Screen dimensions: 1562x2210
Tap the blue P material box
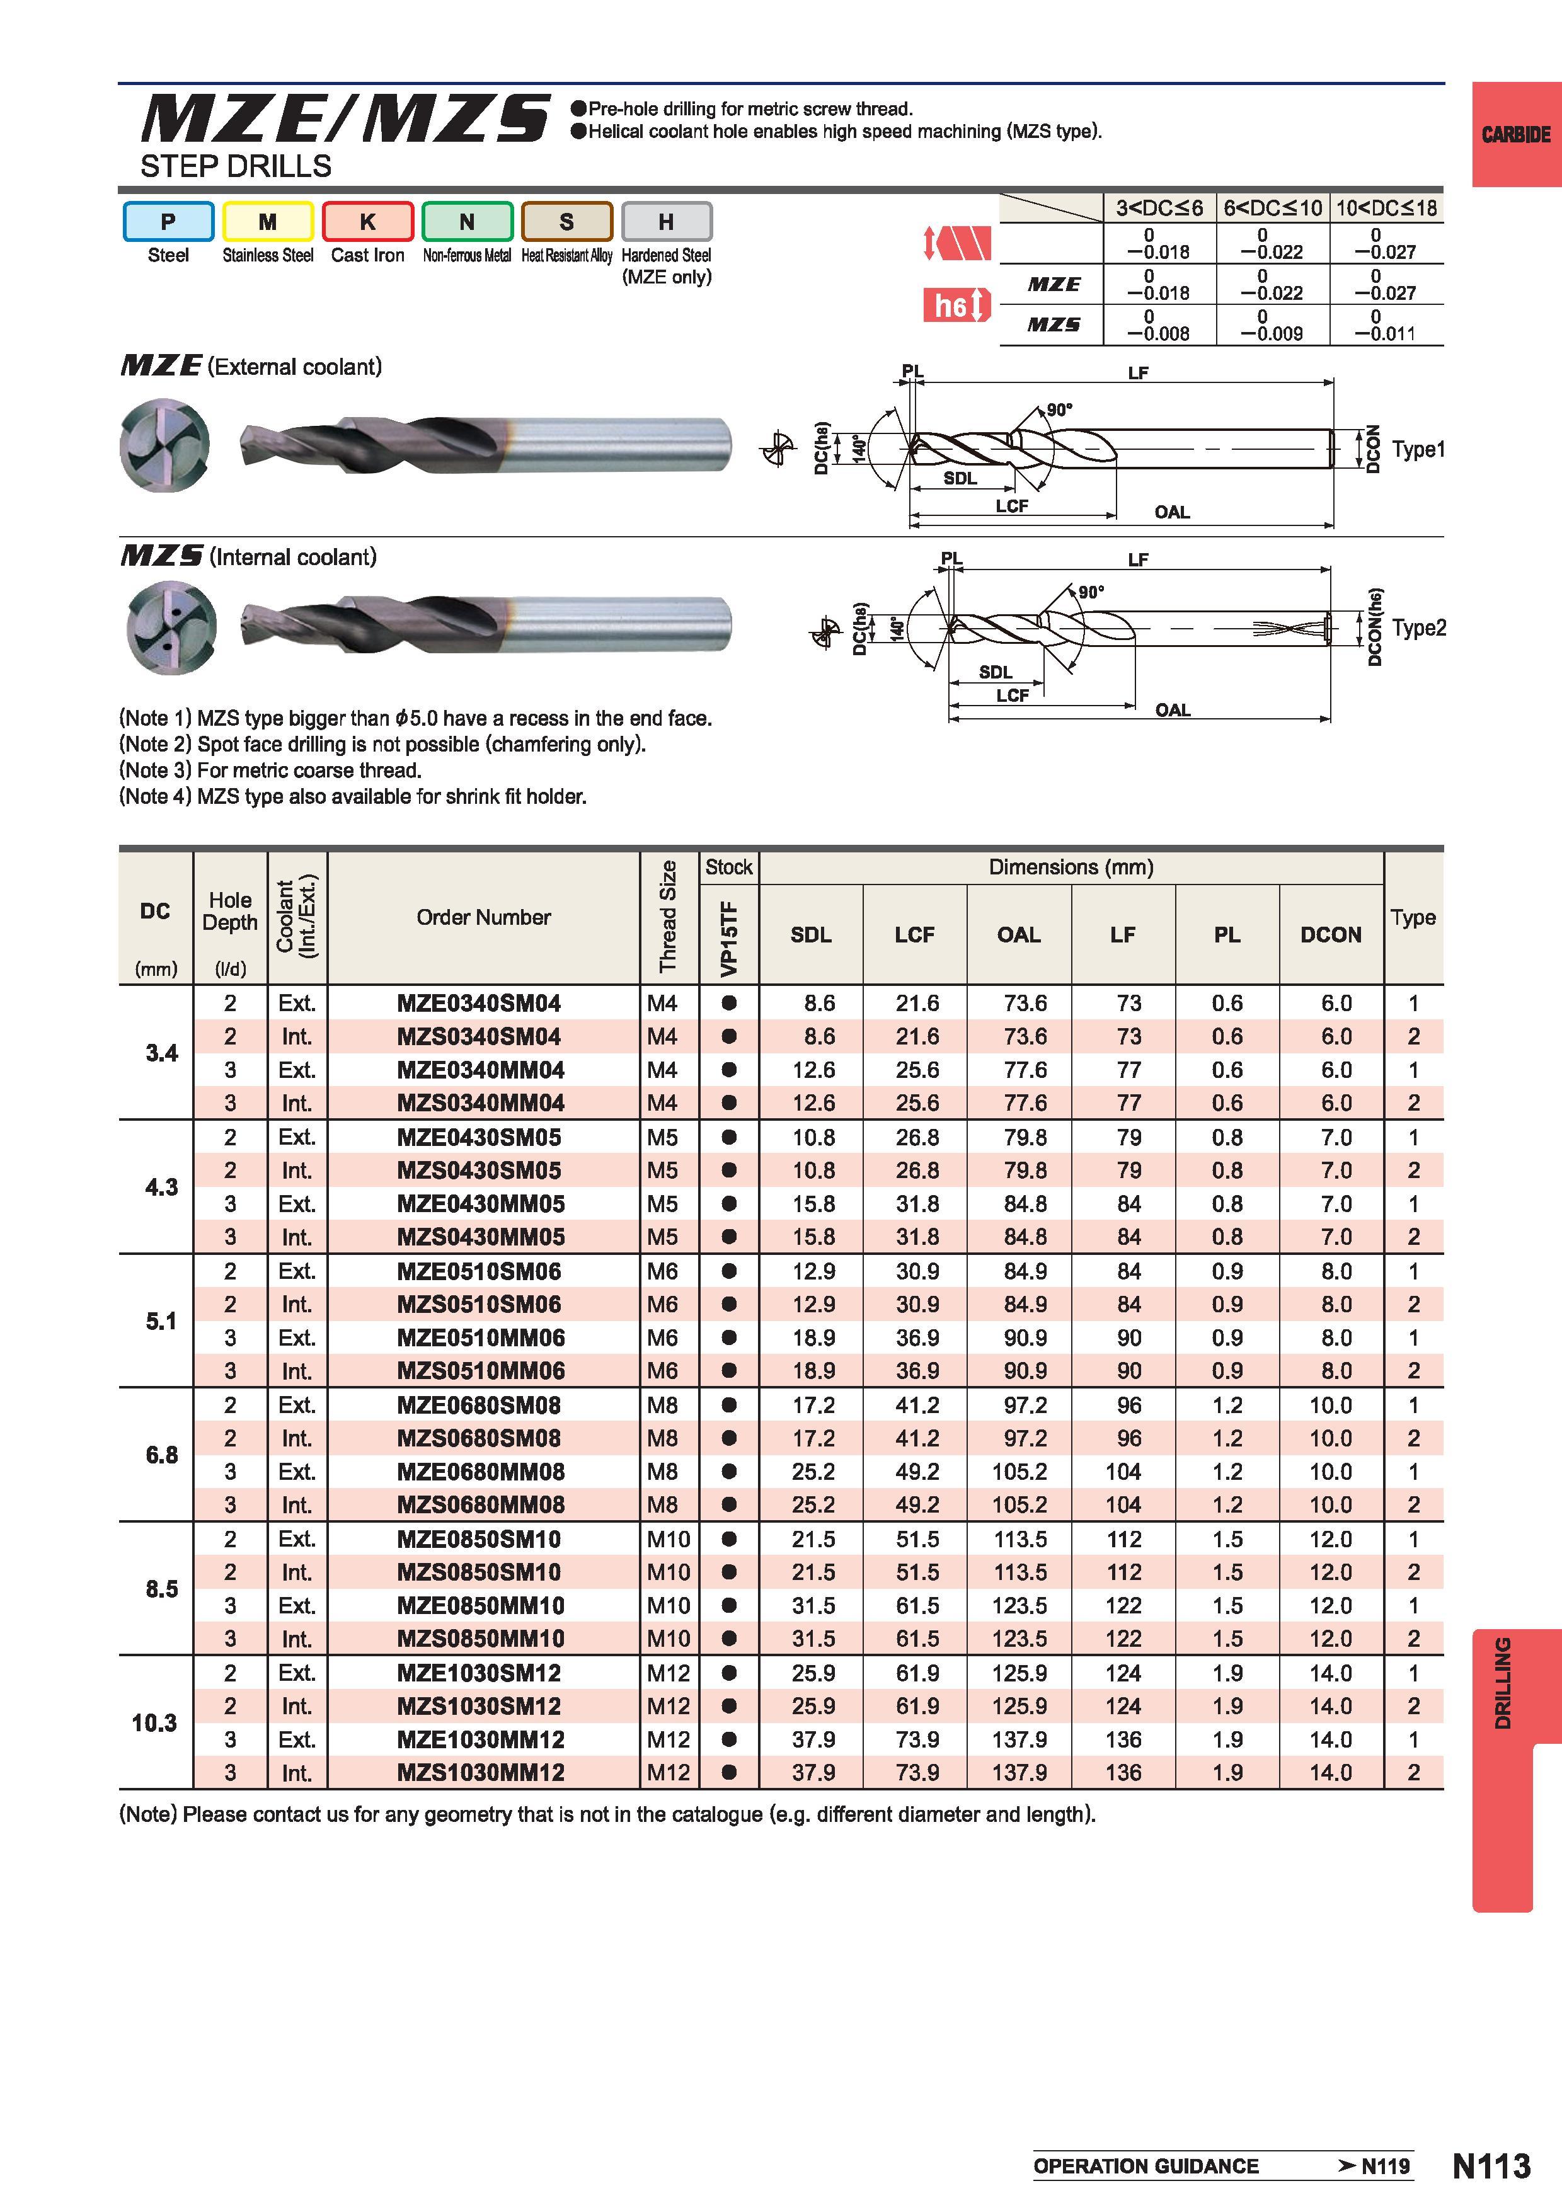168,221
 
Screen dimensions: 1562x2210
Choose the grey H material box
666,221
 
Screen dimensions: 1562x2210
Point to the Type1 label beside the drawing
1418,450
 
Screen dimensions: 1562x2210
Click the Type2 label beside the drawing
1418,627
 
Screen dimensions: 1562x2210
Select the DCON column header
1331,935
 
